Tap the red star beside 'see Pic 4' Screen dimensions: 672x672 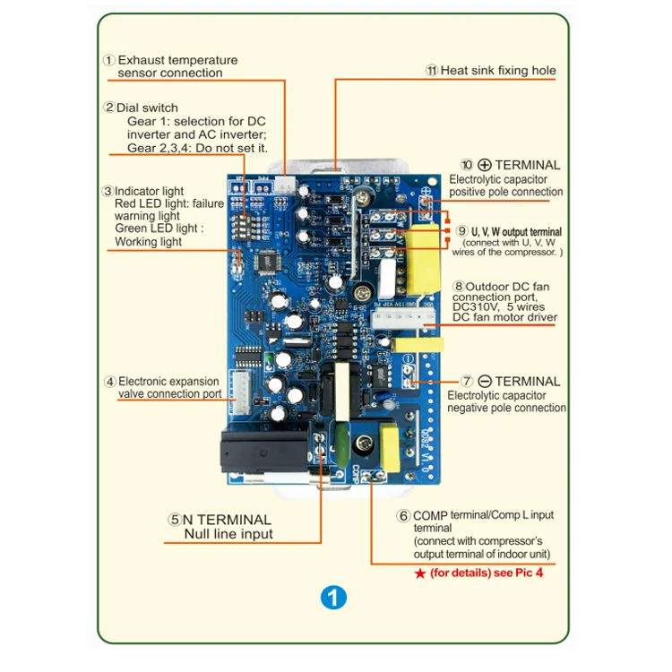[x=419, y=572]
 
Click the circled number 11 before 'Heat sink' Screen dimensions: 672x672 [x=432, y=70]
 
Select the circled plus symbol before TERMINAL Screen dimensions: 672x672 [x=485, y=165]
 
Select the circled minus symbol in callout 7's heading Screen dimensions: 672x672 [x=483, y=381]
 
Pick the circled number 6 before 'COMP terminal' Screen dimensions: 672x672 [x=404, y=516]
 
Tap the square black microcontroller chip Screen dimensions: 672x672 [x=268, y=261]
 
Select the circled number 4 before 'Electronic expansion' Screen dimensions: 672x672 [x=109, y=381]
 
